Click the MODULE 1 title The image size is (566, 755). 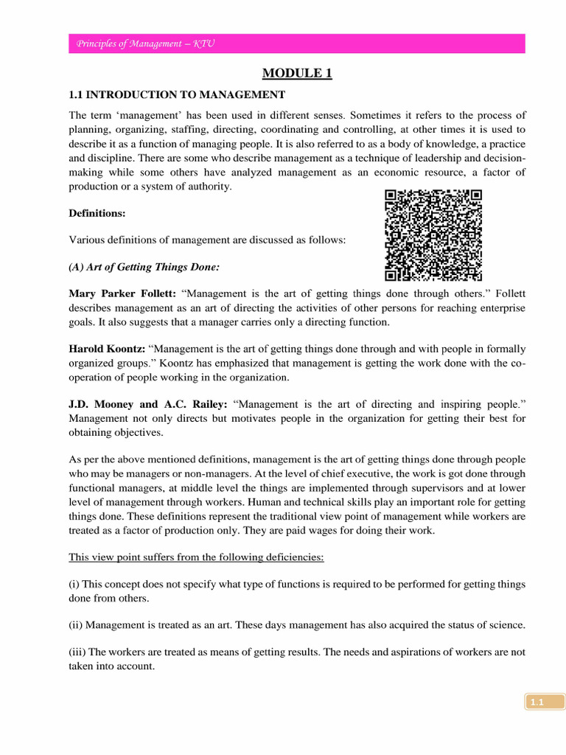point(297,74)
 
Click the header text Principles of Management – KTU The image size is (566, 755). point(145,44)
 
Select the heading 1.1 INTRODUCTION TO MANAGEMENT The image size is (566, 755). point(177,94)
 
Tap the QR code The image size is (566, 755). point(434,235)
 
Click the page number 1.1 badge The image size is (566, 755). point(536,703)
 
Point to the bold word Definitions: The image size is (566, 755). point(97,214)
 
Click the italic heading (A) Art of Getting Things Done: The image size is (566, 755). point(144,267)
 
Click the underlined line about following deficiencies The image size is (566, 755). point(196,557)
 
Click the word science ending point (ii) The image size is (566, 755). point(507,625)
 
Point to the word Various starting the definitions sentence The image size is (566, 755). point(86,240)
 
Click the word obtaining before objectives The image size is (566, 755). point(92,433)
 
